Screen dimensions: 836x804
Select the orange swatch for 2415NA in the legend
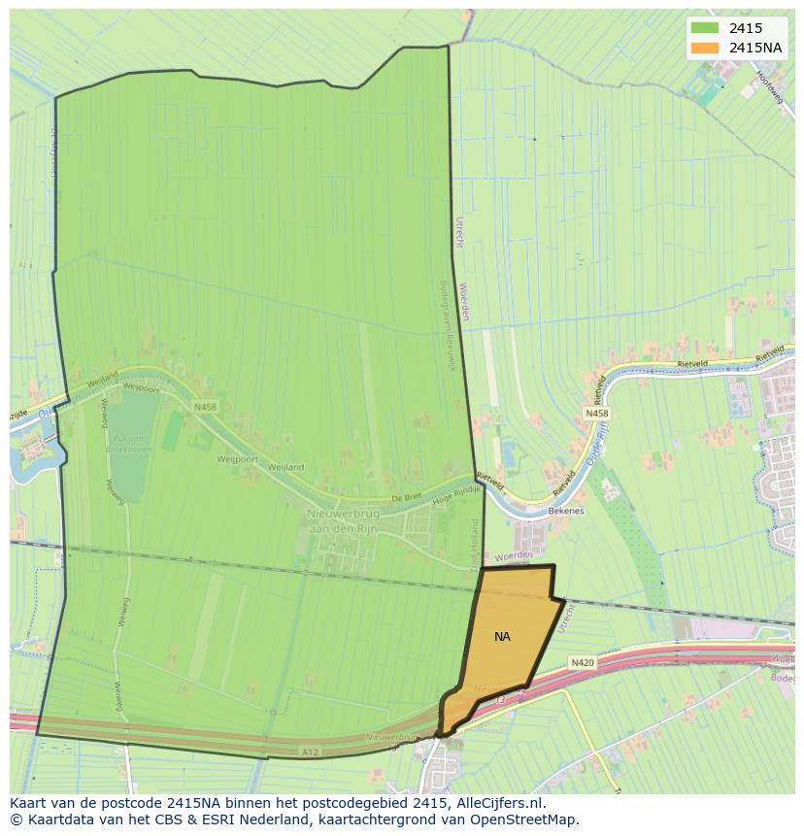[705, 48]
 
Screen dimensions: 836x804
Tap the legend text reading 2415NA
[755, 48]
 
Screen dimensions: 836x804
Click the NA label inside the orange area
[502, 637]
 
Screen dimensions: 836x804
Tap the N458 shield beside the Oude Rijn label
[597, 414]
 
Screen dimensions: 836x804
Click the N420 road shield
[582, 662]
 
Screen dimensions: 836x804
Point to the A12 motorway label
[310, 752]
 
